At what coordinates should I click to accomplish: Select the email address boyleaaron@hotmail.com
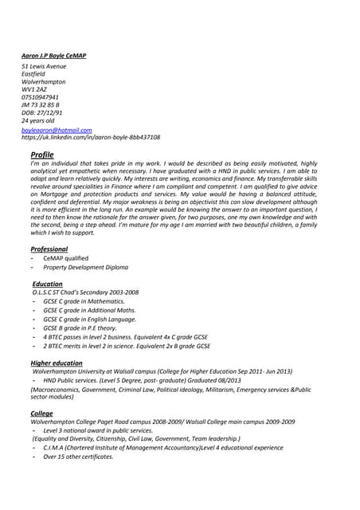(x=56, y=129)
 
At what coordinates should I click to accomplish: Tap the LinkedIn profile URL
(x=90, y=137)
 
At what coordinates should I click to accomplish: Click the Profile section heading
(x=41, y=154)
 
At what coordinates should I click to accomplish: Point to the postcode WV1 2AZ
(x=34, y=90)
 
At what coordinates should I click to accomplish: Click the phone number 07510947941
(x=40, y=97)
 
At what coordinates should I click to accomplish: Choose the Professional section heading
(x=49, y=249)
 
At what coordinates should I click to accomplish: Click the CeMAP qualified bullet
(x=65, y=258)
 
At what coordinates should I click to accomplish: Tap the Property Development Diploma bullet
(x=85, y=268)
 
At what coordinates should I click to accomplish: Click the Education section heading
(x=48, y=284)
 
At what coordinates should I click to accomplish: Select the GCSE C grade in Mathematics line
(x=84, y=302)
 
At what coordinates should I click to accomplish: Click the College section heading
(x=41, y=414)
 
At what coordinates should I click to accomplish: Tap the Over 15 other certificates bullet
(x=78, y=457)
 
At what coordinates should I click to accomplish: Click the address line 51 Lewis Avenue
(x=43, y=66)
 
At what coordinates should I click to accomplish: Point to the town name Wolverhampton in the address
(x=43, y=82)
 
